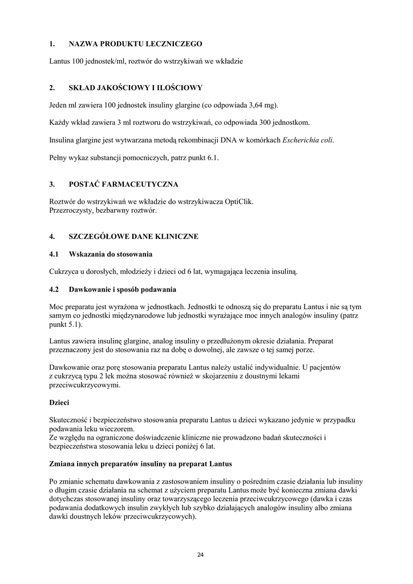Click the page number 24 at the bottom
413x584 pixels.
click(200, 554)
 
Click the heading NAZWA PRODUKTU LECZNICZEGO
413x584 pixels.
click(135, 43)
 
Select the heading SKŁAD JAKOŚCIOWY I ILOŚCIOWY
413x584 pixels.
click(135, 88)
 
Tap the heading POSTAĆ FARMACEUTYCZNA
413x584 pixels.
click(123, 184)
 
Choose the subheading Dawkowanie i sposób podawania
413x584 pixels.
click(123, 289)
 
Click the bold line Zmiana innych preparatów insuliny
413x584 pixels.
click(141, 464)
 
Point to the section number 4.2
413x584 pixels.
click(55, 289)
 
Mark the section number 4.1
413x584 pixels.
click(55, 254)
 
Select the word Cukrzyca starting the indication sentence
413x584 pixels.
click(66, 271)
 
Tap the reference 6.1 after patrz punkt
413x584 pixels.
click(212, 157)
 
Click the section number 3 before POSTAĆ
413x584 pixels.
click(52, 184)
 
